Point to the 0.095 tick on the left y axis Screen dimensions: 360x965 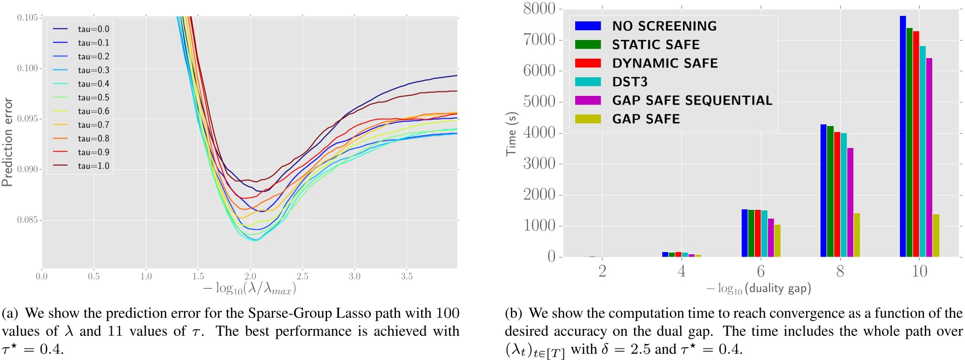(x=27, y=119)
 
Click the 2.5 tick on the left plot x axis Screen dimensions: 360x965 (x=302, y=276)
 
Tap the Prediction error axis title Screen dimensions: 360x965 (x=7, y=142)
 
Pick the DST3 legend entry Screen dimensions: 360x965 (x=629, y=82)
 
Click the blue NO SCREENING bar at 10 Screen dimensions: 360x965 (x=903, y=137)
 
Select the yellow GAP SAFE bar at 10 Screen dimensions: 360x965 (x=936, y=236)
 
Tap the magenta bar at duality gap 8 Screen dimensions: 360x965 (x=850, y=203)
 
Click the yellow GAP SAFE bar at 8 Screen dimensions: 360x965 (x=857, y=235)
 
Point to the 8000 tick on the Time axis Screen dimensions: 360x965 (x=539, y=9)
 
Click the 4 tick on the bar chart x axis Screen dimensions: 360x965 (x=681, y=271)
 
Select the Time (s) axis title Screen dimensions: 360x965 (x=511, y=134)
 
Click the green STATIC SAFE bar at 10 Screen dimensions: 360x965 (x=910, y=142)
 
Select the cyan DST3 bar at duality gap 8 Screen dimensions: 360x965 (x=843, y=195)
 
